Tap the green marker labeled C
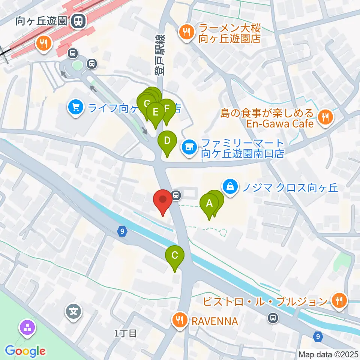pyautogui.click(x=175, y=256)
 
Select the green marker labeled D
pyautogui.click(x=167, y=141)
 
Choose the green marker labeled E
pyautogui.click(x=156, y=112)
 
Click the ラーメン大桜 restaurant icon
pyautogui.click(x=186, y=31)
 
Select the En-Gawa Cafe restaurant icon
pyautogui.click(x=324, y=117)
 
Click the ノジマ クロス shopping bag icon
pyautogui.click(x=231, y=185)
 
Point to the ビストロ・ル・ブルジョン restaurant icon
pyautogui.click(x=339, y=300)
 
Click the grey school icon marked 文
pyautogui.click(x=74, y=311)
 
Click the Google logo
pyautogui.click(x=25, y=351)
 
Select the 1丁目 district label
pyautogui.click(x=126, y=333)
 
